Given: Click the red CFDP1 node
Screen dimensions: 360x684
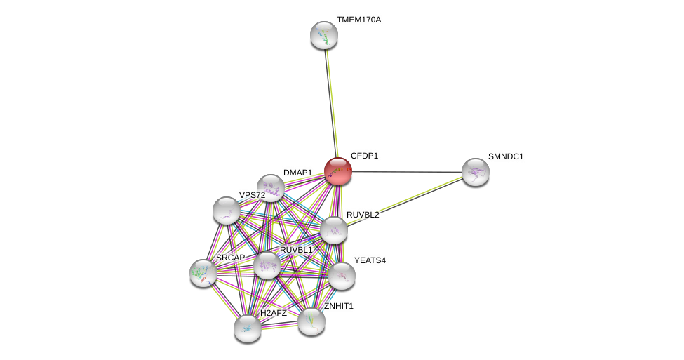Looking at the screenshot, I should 337,171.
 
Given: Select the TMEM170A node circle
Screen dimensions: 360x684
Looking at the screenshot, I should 324,35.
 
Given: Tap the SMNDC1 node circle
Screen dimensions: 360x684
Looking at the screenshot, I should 475,172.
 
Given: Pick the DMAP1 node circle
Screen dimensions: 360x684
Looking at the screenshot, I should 270,188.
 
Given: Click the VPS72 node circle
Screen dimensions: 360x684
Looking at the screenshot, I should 227,211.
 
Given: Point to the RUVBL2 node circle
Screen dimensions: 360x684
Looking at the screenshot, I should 334,230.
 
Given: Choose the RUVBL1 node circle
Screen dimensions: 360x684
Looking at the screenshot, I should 267,265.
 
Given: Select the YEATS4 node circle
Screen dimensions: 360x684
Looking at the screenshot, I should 342,276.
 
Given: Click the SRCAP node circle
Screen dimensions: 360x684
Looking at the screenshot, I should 203,273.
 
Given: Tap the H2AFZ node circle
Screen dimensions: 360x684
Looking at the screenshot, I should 248,328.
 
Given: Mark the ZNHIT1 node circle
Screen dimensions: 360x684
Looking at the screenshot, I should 311,321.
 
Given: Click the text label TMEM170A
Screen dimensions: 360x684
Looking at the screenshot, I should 358,20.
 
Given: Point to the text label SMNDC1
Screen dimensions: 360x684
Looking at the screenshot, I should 506,156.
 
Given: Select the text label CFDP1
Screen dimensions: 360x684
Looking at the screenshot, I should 364,156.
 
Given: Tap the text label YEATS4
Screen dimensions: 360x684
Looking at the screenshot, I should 370,260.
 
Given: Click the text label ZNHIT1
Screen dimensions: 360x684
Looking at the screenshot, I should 339,306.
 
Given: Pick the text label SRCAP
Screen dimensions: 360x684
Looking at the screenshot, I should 230,258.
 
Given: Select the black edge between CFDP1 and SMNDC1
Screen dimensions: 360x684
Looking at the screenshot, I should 407,172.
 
